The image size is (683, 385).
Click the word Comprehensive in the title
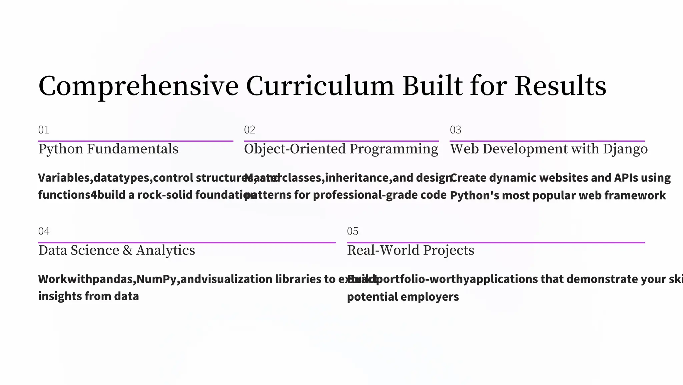point(138,86)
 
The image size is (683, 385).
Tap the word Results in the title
point(560,86)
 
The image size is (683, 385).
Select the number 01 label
point(44,130)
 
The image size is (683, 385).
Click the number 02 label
point(249,130)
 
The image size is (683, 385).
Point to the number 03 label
point(456,130)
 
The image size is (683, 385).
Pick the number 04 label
point(44,231)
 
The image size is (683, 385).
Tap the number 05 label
point(353,231)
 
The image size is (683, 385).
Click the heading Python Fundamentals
point(108,149)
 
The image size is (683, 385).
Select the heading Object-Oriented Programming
point(341,149)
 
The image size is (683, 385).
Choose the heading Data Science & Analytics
point(116,250)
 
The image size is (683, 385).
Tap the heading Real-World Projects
point(411,250)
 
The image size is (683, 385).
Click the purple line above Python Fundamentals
point(135,141)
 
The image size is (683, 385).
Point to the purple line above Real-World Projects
point(496,243)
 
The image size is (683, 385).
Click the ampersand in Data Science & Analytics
point(127,250)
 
